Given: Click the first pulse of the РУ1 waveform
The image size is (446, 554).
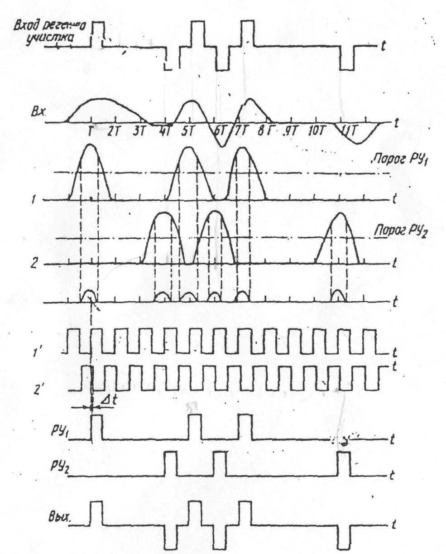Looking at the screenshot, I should [97, 427].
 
